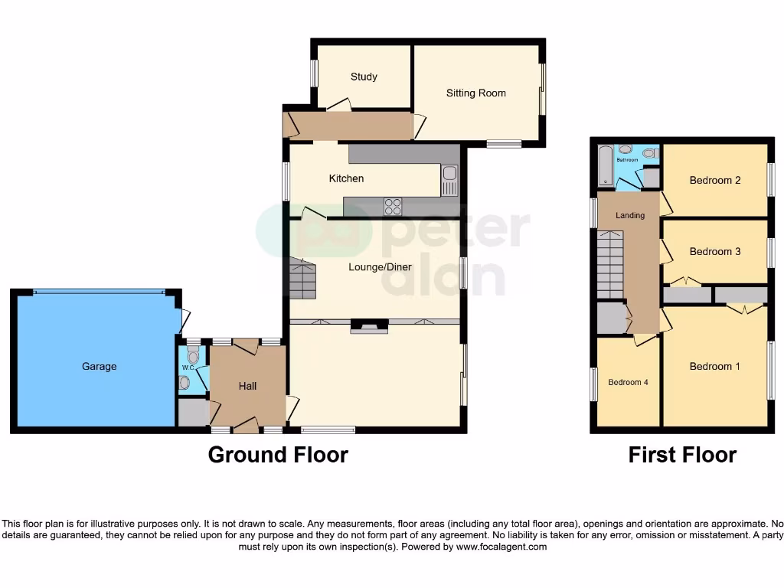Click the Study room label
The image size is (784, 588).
[x=364, y=77]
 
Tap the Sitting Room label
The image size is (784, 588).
[x=475, y=93]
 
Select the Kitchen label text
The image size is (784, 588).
[x=346, y=178]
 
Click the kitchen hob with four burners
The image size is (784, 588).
[x=393, y=206]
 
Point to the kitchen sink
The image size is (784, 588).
[x=449, y=181]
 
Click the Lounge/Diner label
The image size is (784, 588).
[x=380, y=267]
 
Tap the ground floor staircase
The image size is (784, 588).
[x=302, y=279]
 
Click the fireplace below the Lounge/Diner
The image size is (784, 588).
[x=369, y=327]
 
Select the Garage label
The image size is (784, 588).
[x=100, y=367]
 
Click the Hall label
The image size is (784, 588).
[x=247, y=387]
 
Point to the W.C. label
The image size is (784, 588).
[x=187, y=367]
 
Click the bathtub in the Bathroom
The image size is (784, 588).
[x=606, y=166]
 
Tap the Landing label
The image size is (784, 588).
[x=630, y=216]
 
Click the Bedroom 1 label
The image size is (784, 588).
[x=714, y=367]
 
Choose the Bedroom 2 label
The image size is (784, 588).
[x=714, y=181]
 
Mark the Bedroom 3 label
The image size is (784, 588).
[x=714, y=252]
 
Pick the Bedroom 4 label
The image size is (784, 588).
[x=628, y=382]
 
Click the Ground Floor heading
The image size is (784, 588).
[x=278, y=455]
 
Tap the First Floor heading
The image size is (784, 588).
[x=681, y=455]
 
